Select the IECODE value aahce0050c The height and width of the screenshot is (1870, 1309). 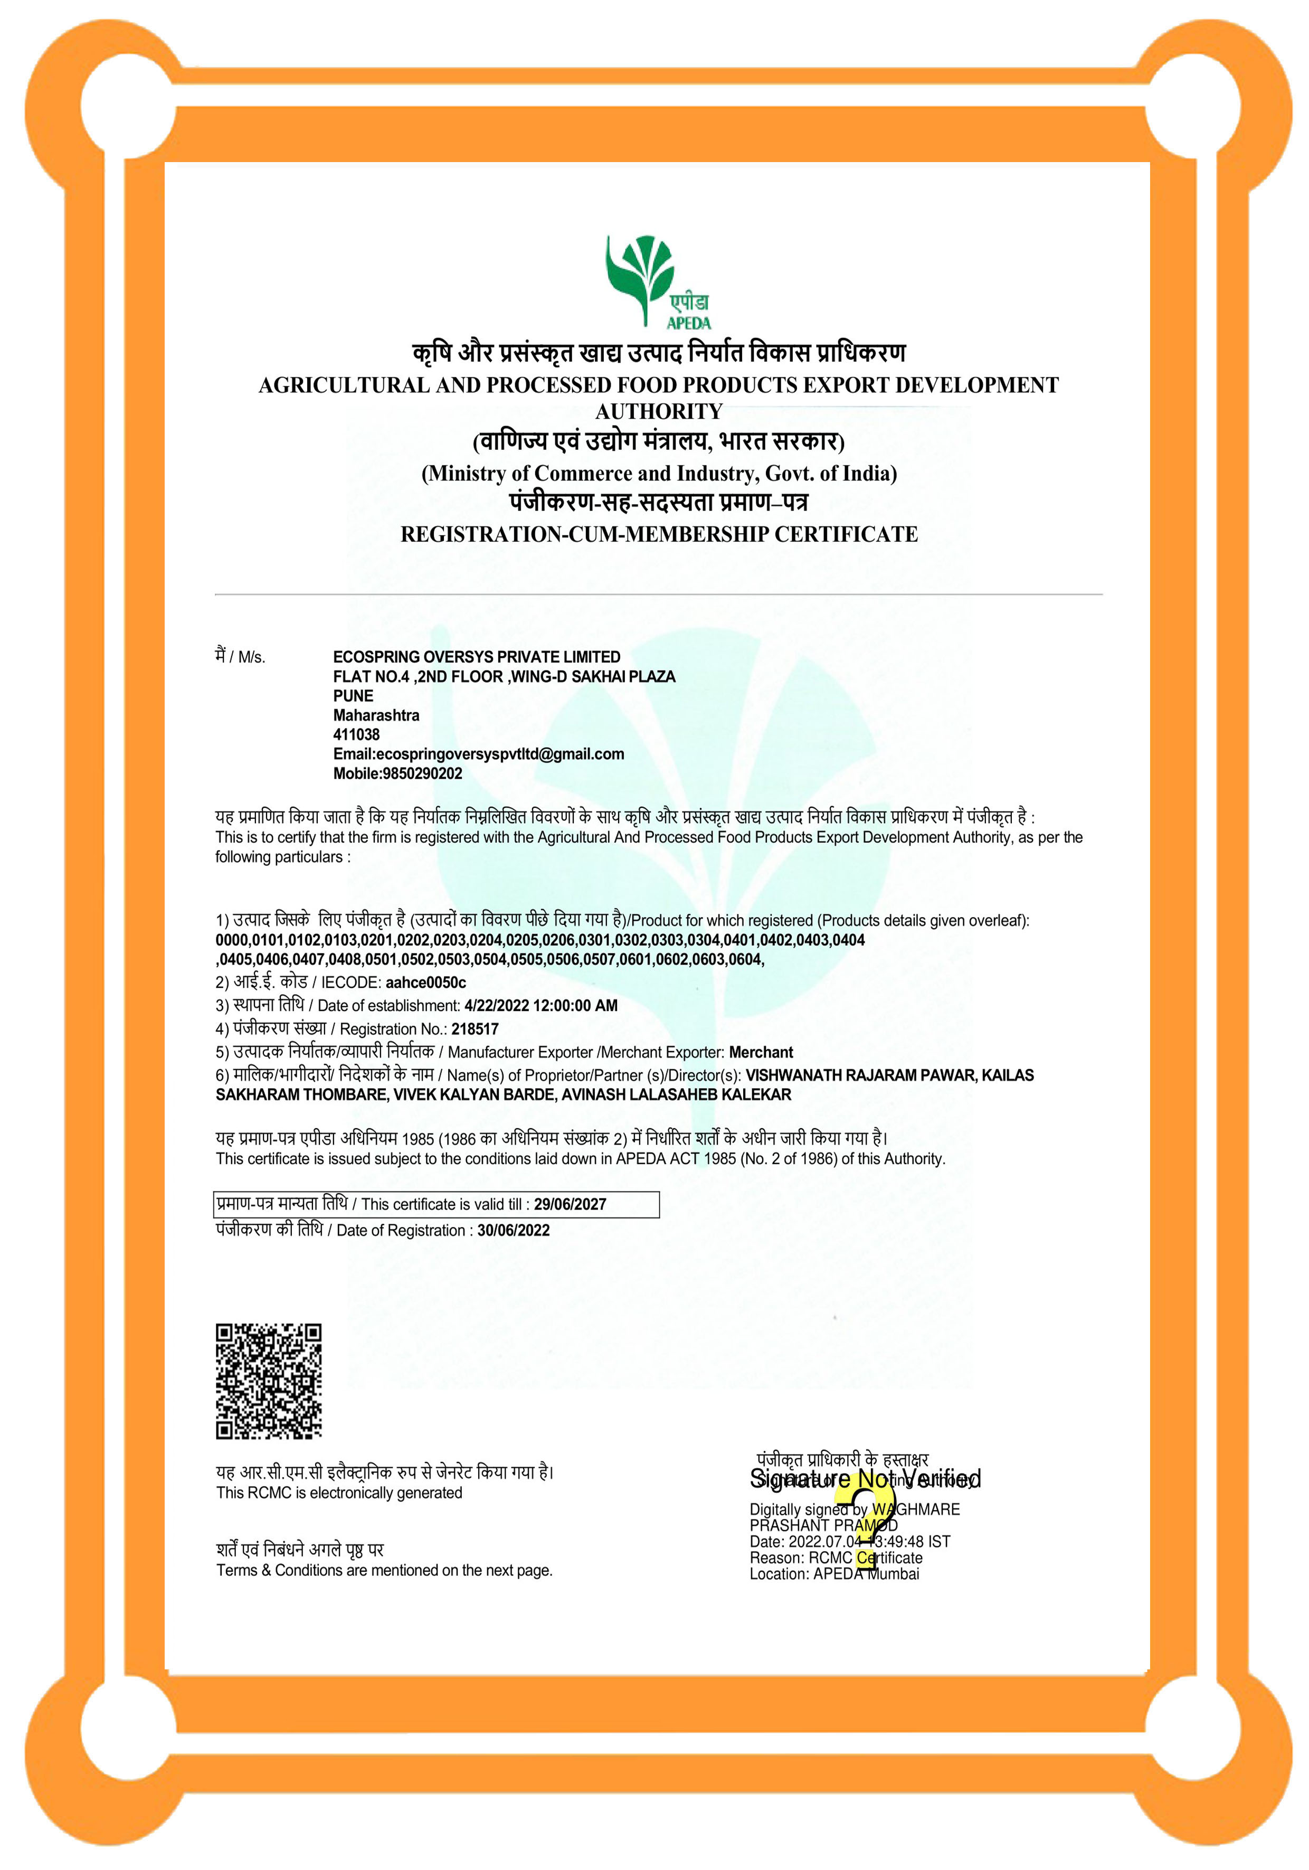[x=426, y=982]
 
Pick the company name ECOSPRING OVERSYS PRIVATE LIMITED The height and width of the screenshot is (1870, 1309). [x=476, y=656]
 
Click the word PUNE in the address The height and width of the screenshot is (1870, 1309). [x=353, y=695]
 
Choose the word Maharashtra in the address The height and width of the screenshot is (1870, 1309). [x=376, y=715]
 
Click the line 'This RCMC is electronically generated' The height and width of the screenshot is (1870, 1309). [x=339, y=1493]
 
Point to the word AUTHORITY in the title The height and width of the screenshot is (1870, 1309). [x=659, y=411]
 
